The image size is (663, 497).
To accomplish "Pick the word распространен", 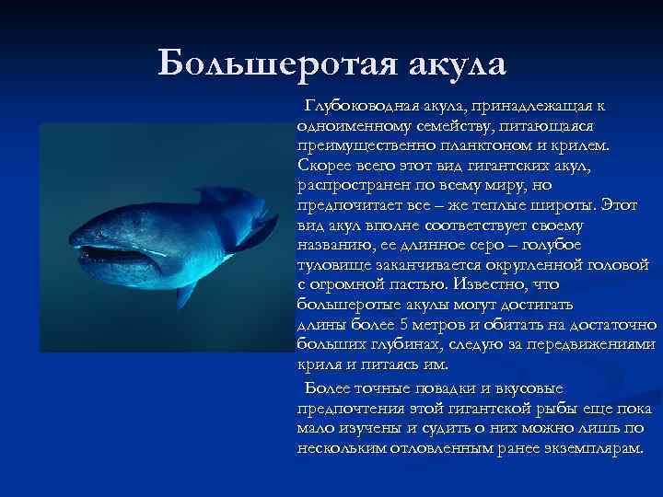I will (354, 184).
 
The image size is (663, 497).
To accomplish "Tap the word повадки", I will (441, 387).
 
